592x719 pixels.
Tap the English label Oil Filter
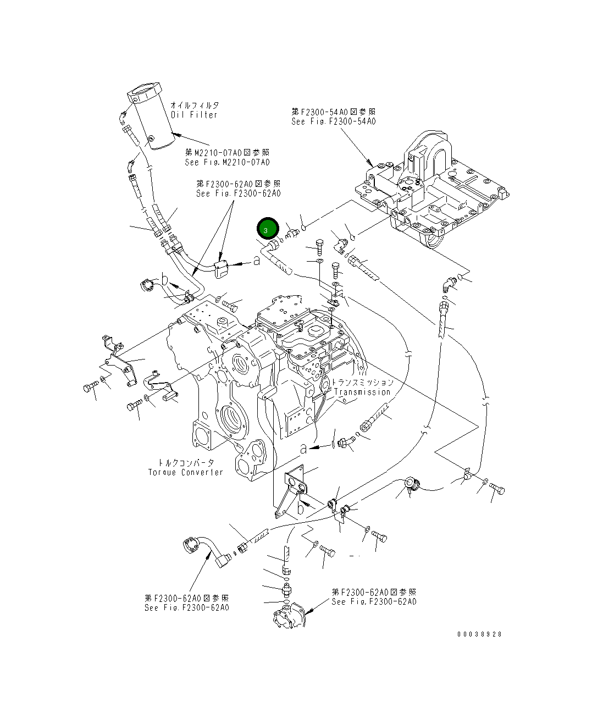pos(194,115)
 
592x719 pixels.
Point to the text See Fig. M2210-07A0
pos(227,162)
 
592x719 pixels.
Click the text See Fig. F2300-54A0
pos(334,121)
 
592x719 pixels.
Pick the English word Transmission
pos(362,392)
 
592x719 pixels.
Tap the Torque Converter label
pos(186,472)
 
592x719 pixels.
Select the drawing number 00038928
pos(479,634)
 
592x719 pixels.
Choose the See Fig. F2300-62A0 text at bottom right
pos(374,602)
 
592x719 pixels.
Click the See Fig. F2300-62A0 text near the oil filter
pos(238,193)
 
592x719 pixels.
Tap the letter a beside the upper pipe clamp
pos(257,261)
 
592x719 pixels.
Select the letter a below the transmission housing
pos(303,449)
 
